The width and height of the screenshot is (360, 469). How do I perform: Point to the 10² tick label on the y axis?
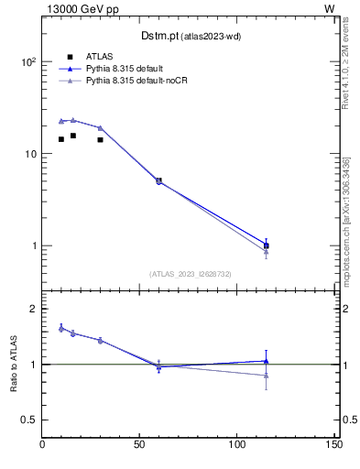tap(29, 62)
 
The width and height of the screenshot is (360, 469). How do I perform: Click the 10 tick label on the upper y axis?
tap(31, 154)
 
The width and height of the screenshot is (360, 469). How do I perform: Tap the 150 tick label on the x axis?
tap(333, 446)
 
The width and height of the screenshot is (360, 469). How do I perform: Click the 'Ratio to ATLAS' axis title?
tap(13, 364)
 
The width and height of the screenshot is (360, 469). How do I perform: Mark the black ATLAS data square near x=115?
tap(266, 245)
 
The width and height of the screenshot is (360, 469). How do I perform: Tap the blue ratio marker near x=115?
tap(266, 361)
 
